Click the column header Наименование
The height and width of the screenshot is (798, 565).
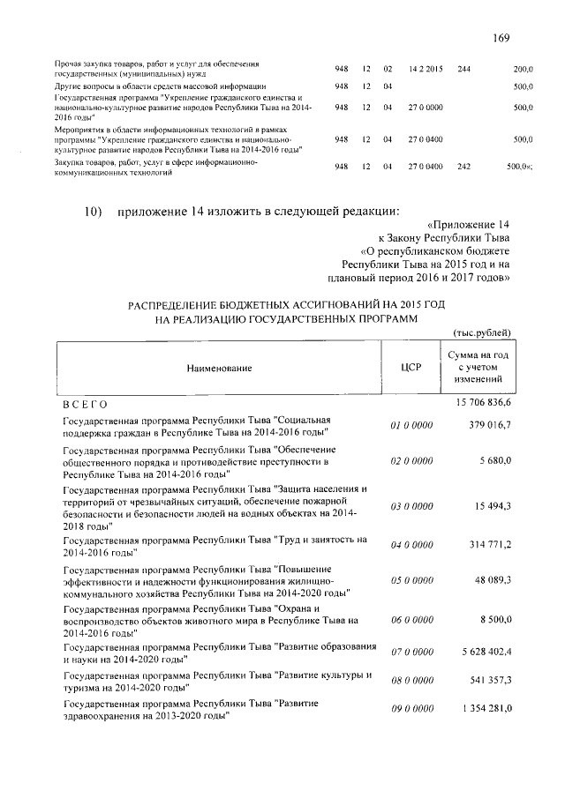pos(218,367)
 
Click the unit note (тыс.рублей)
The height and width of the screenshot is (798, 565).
pos(482,332)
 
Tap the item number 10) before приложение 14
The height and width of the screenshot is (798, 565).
pos(94,211)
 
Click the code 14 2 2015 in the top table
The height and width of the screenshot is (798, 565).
pos(426,68)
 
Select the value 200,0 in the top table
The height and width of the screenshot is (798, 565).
pos(523,68)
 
